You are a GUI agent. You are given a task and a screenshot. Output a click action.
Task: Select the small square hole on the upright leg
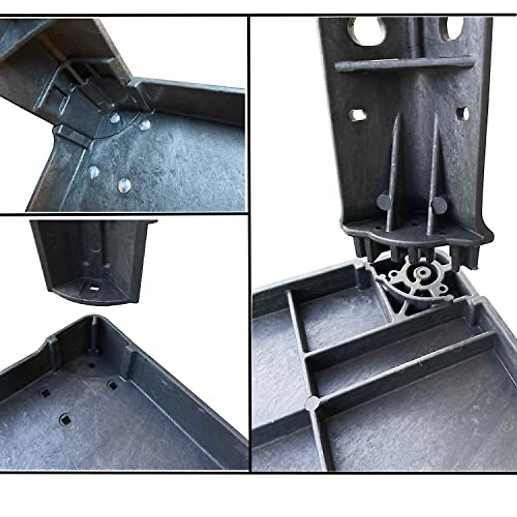tap(356, 115)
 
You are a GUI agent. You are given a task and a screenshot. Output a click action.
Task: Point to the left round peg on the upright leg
tap(383, 201)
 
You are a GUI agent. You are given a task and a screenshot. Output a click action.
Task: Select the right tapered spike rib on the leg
tap(432, 172)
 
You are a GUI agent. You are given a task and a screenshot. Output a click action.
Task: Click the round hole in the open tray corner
tap(92, 364)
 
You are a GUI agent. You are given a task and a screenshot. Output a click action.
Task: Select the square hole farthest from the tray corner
tap(65, 417)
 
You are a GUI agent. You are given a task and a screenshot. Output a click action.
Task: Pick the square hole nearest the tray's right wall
tap(113, 385)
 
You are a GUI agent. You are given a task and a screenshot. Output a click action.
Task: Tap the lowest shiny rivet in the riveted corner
tap(124, 185)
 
